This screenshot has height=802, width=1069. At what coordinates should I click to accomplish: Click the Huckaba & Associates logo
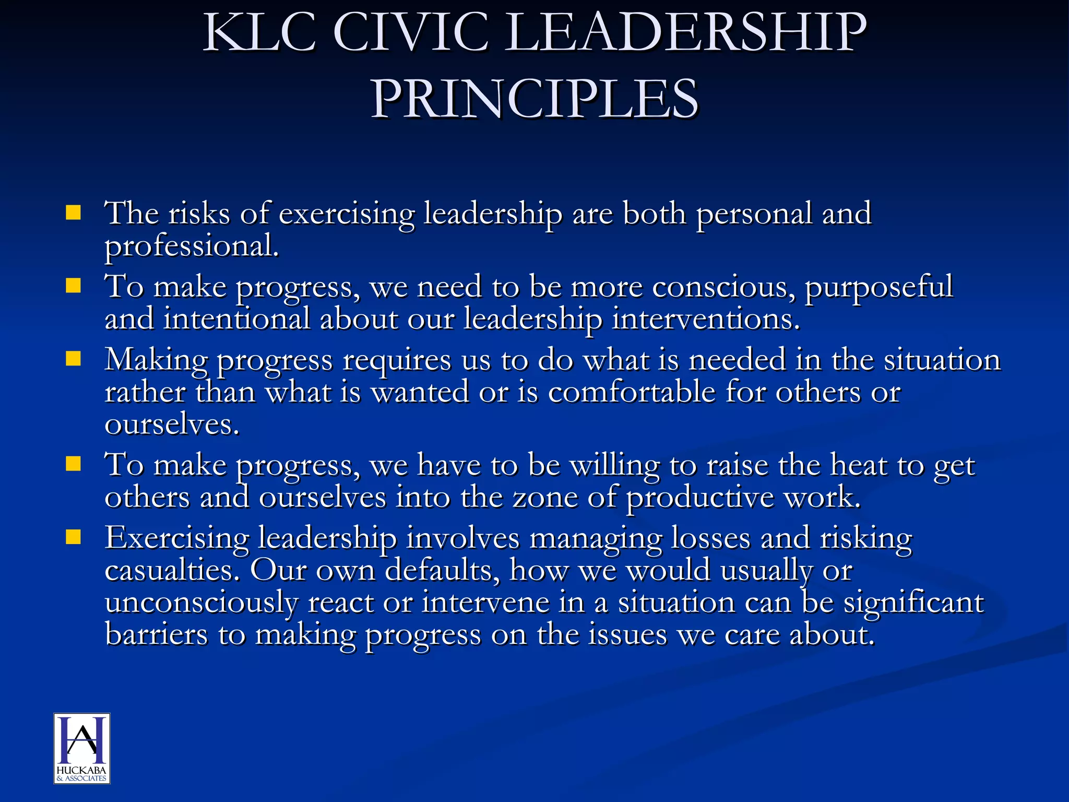coord(82,748)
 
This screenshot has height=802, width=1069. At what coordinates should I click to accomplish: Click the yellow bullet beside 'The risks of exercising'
coord(74,213)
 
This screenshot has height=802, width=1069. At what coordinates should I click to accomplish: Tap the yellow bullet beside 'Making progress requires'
coord(74,359)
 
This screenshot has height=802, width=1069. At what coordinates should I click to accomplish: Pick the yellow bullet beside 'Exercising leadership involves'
coord(74,537)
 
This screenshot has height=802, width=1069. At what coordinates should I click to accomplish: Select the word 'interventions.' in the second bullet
coord(706,319)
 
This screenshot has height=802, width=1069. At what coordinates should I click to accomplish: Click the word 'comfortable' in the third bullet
coord(632,392)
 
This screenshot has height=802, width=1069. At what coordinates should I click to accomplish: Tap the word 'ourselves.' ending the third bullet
coord(172,424)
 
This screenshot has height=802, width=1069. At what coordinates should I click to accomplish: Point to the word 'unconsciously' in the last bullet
coord(201,603)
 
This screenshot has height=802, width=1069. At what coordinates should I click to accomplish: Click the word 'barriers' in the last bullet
coord(156,635)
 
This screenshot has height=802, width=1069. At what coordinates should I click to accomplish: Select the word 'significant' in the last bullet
coord(913,603)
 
